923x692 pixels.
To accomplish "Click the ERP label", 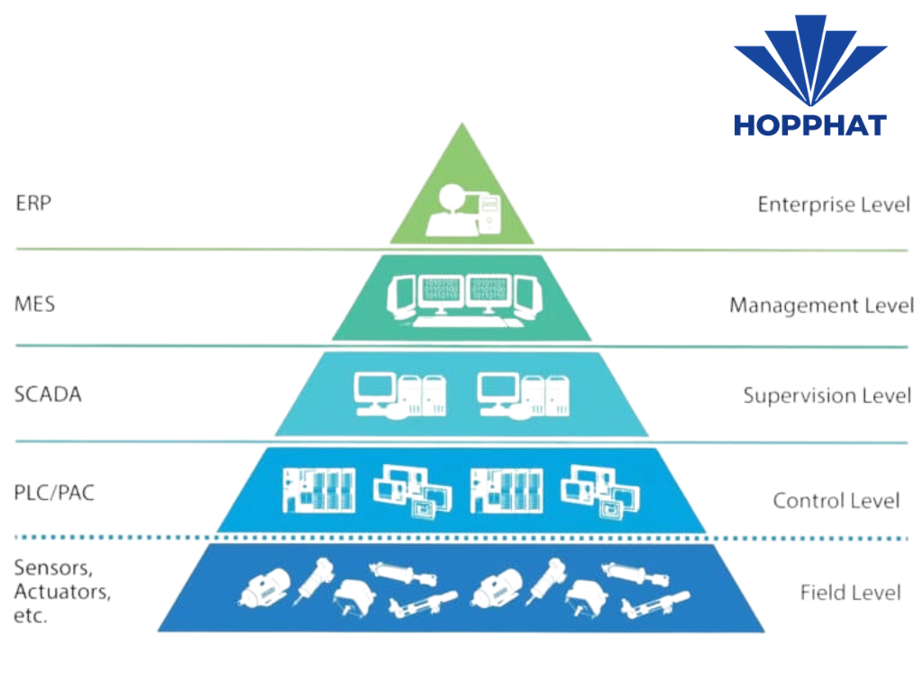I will click(x=33, y=202).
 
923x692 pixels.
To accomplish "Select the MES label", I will click(x=34, y=303).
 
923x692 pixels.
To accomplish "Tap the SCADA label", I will click(x=48, y=394).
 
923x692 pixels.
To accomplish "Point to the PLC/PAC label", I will click(x=54, y=493).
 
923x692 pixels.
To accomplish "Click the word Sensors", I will click(x=52, y=569).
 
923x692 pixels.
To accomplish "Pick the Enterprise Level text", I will click(x=834, y=205).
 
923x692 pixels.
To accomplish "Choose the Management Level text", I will click(x=821, y=305).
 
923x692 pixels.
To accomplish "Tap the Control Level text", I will click(x=836, y=500).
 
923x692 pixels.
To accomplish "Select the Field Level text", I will click(x=850, y=592).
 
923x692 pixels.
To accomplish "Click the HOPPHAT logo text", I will click(x=809, y=124).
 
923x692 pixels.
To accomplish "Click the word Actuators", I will click(x=62, y=593).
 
